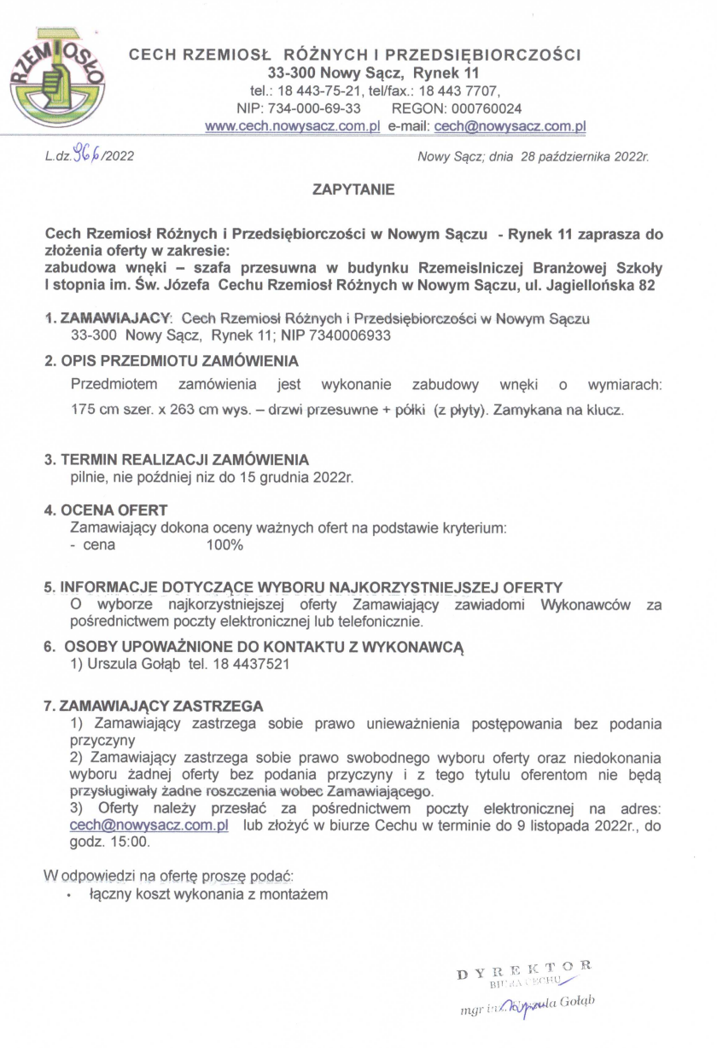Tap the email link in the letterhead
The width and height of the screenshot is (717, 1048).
[x=510, y=125]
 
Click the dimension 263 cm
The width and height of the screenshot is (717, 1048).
[x=178, y=410]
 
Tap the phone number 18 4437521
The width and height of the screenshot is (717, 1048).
[x=259, y=662]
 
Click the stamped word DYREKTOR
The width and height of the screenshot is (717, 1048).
[x=523, y=967]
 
